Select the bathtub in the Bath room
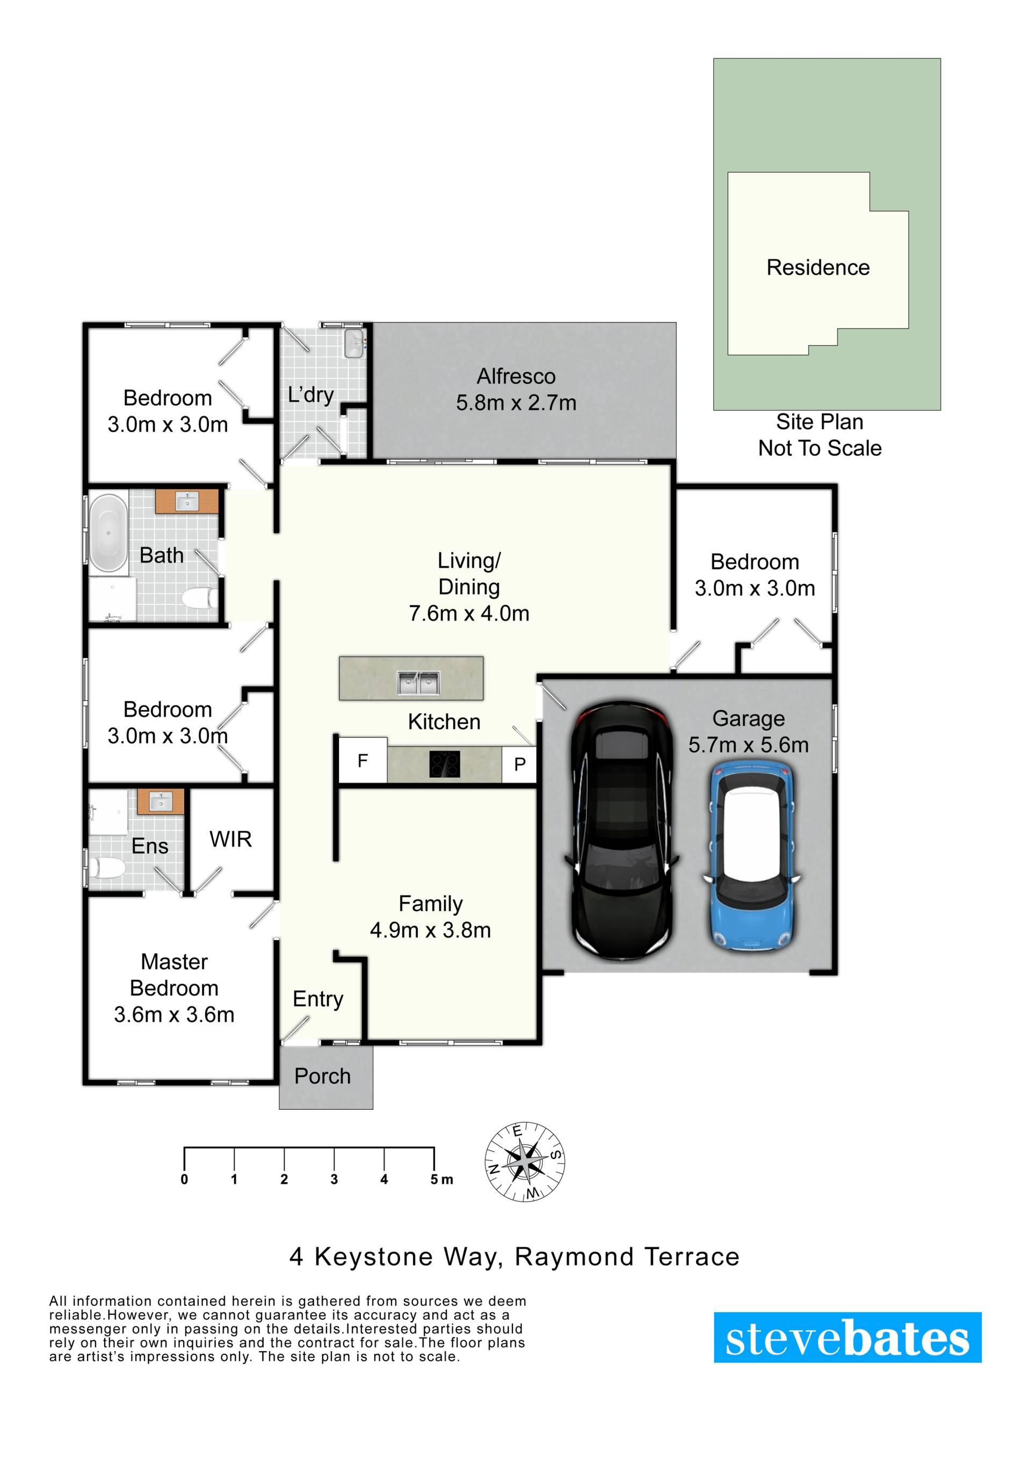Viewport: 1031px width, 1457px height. (x=108, y=532)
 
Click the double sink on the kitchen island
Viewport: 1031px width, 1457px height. (x=419, y=683)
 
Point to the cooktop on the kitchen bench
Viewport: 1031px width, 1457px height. (x=445, y=764)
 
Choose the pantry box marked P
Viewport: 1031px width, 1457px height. (x=519, y=765)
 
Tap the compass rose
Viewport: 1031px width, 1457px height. (x=525, y=1162)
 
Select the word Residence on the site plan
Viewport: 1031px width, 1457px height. (x=818, y=267)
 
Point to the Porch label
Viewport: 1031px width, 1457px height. (x=323, y=1077)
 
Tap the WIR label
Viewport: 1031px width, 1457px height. (x=230, y=839)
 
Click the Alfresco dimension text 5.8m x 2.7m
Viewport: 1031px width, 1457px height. (x=516, y=403)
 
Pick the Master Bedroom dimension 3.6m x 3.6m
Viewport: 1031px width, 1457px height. (x=174, y=1015)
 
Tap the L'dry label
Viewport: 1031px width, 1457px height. (x=310, y=395)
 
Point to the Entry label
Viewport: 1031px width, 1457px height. (x=318, y=999)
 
